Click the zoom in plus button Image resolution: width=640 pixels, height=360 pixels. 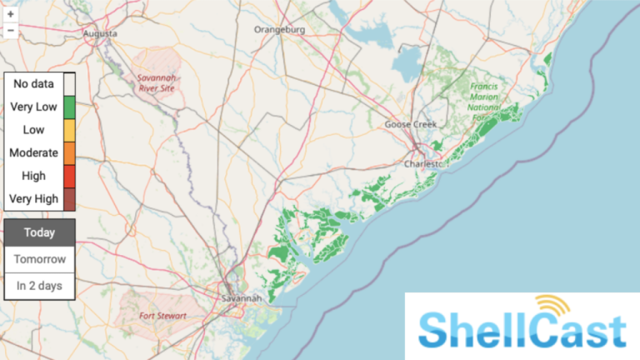coord(11,14)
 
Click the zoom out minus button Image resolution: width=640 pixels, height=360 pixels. coord(11,31)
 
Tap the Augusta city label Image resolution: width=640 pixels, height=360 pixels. coord(100,33)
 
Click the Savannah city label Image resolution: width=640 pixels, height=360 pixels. coord(242,297)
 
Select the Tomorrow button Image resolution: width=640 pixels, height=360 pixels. coord(40,259)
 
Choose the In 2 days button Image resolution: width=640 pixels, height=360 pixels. coord(40,286)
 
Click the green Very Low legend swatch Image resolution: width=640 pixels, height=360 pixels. coord(69,107)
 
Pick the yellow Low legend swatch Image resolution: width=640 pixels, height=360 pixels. coord(69,130)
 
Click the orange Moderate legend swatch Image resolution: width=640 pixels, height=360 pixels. coord(69,153)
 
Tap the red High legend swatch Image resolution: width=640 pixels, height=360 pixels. coord(69,177)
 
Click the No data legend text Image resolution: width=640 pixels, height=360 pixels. coord(33,83)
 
